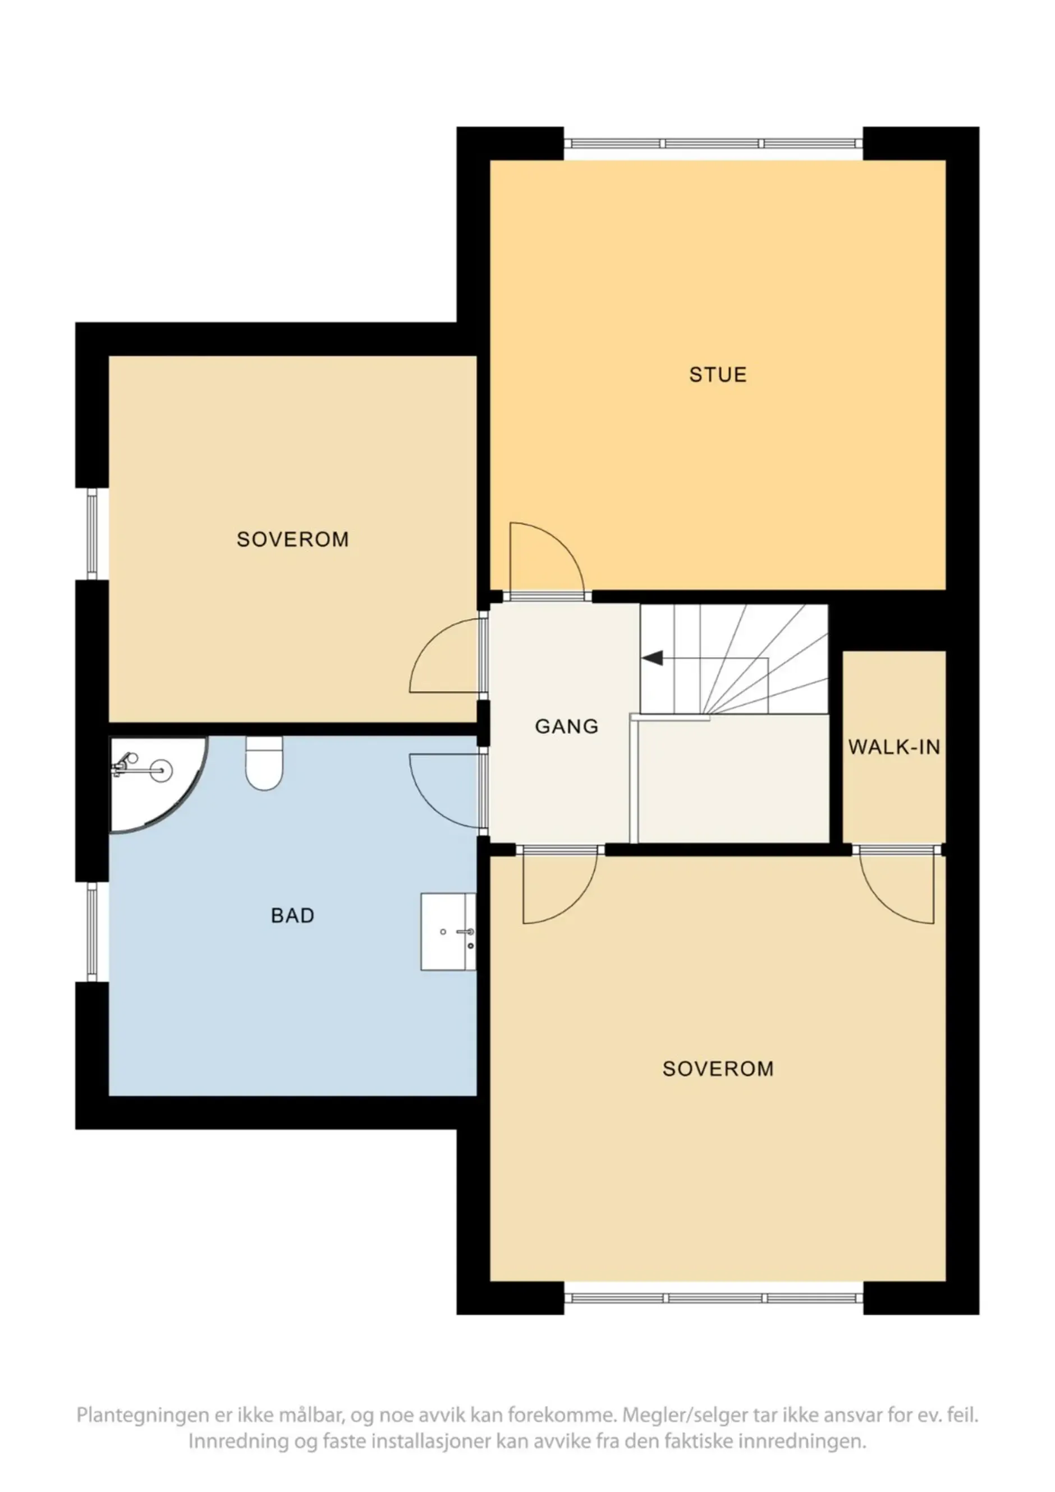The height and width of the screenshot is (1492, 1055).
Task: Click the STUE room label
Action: coord(718,375)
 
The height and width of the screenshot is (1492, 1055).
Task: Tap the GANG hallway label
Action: coord(566,726)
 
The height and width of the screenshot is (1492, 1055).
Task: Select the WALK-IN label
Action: coord(894,747)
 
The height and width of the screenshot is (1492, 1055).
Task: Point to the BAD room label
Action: coord(292,915)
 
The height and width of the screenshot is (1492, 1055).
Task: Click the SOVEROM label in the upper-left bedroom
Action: coord(292,540)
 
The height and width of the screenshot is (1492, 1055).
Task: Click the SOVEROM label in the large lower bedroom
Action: coord(718,1069)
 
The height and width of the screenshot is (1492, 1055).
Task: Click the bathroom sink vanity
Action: coord(448,932)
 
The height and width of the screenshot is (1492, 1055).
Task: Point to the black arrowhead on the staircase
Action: coord(653,658)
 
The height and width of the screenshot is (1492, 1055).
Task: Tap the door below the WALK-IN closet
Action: coord(898,886)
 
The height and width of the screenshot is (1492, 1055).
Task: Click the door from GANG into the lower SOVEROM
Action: coord(559,886)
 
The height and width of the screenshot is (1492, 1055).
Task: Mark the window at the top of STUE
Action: coord(713,144)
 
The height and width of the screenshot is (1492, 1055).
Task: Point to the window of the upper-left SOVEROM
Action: coord(92,533)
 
